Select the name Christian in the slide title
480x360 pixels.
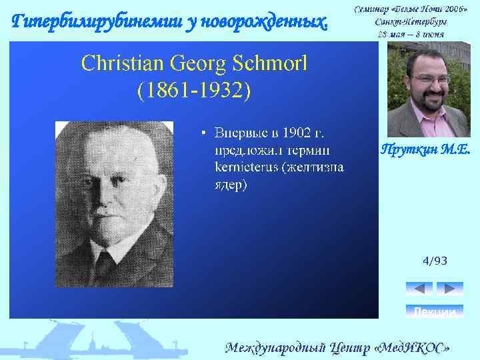(125, 64)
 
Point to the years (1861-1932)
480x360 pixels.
(194, 89)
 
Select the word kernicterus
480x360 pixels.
(246, 167)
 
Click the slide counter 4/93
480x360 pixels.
(435, 261)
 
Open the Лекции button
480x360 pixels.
(434, 311)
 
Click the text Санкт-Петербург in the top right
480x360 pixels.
(411, 21)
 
